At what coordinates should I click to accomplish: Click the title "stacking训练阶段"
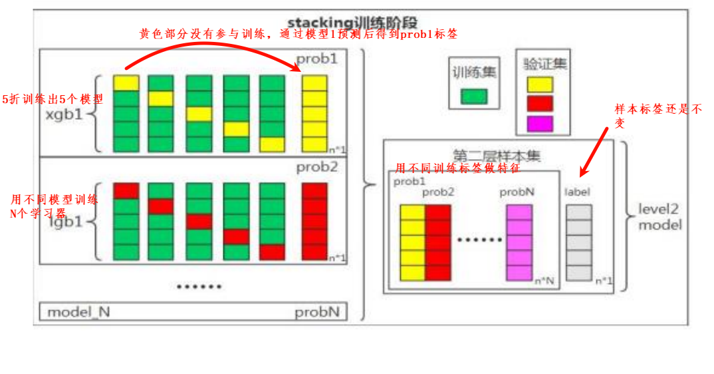tap(352, 23)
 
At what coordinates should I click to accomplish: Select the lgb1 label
tap(66, 222)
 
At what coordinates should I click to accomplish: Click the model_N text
tap(78, 312)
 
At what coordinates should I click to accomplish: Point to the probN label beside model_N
tap(317, 312)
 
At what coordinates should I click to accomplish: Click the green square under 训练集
tap(474, 97)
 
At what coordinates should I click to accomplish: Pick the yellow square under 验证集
tap(539, 85)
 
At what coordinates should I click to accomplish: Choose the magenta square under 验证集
tap(539, 124)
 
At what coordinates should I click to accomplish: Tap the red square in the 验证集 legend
tap(539, 104)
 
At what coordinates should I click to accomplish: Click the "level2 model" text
tap(659, 217)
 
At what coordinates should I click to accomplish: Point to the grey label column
tap(578, 242)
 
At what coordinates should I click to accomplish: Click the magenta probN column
tap(519, 242)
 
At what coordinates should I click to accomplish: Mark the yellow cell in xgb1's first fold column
tap(126, 83)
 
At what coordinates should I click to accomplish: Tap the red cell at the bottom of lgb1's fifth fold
tap(272, 252)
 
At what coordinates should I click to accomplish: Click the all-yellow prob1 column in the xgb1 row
tap(314, 113)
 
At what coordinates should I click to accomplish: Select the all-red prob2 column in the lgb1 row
tap(314, 221)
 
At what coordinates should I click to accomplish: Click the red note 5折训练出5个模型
tap(53, 99)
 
